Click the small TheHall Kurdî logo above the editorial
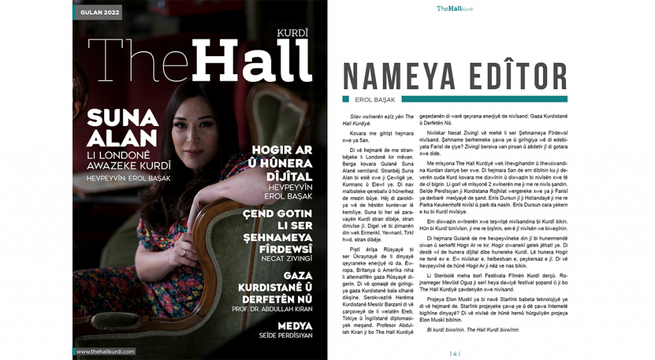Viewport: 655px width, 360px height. point(454,9)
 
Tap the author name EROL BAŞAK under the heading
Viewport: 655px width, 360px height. point(374,99)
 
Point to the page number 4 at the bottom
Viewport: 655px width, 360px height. point(455,353)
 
